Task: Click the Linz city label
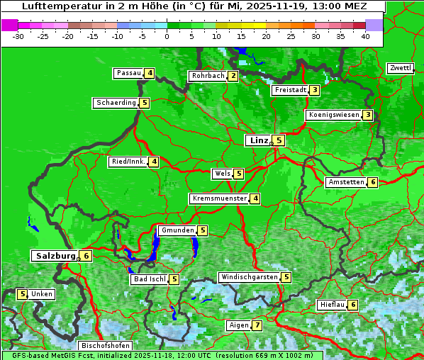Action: pos(259,140)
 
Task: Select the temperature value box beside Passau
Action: pos(150,73)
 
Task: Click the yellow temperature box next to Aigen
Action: pos(257,325)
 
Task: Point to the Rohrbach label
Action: pos(208,76)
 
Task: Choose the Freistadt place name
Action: pos(291,90)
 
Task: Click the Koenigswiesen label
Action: pos(334,115)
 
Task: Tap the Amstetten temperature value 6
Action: pos(373,182)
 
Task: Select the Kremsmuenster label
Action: pos(219,198)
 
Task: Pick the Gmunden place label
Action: pos(177,230)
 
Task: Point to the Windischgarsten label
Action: pos(249,277)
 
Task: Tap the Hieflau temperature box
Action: pos(353,305)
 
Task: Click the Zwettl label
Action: pos(400,68)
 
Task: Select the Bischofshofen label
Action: pos(106,345)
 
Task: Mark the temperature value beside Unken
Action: pos(22,294)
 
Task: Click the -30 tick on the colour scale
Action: pos(18,36)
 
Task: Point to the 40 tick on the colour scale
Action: pos(365,36)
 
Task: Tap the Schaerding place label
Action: pos(116,103)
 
